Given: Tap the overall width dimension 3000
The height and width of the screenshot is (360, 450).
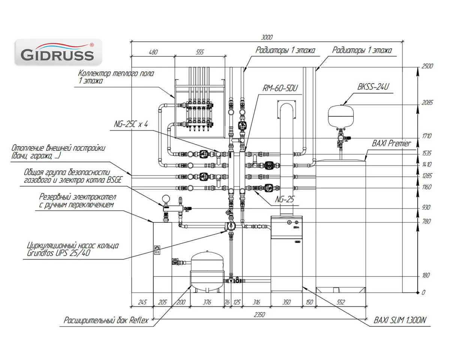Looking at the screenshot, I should point(267,37).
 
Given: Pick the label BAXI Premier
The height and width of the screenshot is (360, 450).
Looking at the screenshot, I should point(391,143).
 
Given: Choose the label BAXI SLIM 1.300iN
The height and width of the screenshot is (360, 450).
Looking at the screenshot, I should point(400,321).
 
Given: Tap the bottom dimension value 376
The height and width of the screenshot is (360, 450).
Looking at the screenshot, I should point(207,302).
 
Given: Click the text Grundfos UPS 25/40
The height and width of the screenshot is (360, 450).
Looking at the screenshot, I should point(58,253).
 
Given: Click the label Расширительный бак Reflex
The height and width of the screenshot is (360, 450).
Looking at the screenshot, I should point(106,321).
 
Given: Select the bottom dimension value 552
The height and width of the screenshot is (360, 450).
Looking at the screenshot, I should point(340,302).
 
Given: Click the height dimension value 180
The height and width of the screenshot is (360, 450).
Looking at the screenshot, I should point(425,276).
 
